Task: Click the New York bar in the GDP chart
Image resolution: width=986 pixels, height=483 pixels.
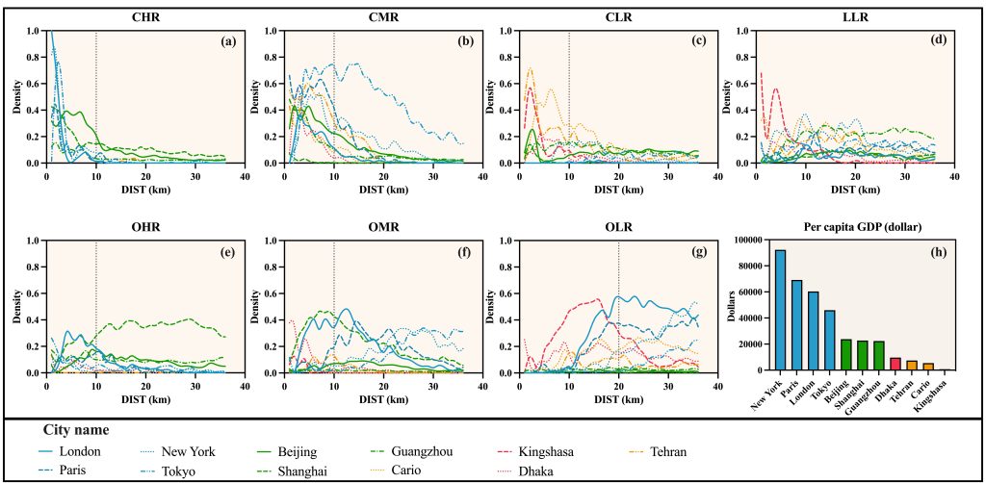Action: [x=781, y=310]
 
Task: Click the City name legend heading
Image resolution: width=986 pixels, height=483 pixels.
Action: [x=76, y=430]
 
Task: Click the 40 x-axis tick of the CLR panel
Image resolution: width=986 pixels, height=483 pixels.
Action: [x=717, y=177]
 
